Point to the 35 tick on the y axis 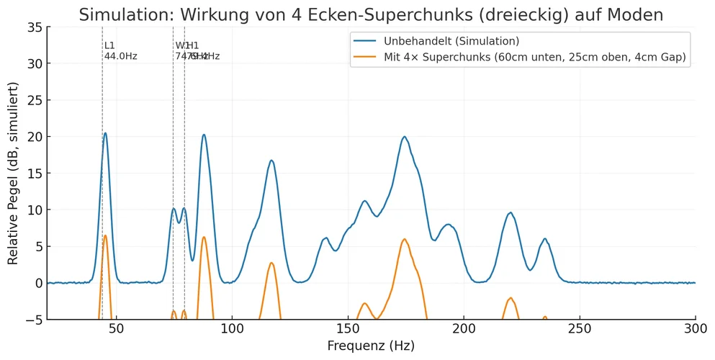pos(33,27)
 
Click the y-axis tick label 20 pos(33,137)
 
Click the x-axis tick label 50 pos(117,329)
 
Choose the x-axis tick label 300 pos(695,329)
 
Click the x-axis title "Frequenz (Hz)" pos(371,346)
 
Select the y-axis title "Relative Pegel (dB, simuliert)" pos(13,174)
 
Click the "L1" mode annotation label pos(109,45)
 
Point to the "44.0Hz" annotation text pos(120,56)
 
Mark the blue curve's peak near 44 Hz pos(105,133)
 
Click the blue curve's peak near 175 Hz pos(405,137)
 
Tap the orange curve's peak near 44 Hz pos(105,235)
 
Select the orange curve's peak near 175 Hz pos(405,239)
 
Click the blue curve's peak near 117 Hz pos(271,161)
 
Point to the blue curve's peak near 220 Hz pos(511,212)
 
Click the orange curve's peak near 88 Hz pos(204,237)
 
